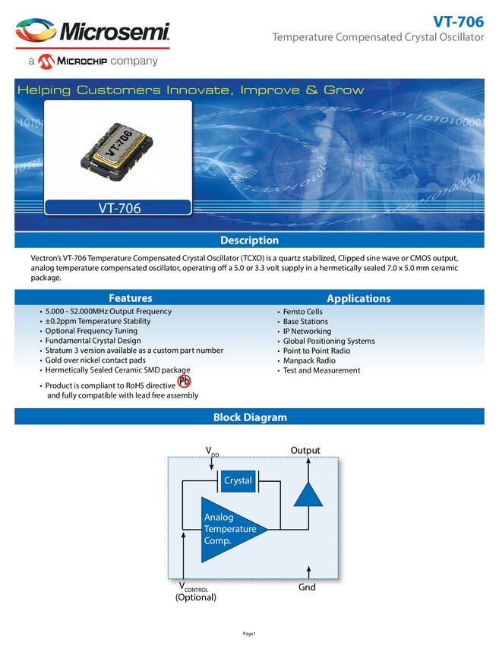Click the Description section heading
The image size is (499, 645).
(x=249, y=241)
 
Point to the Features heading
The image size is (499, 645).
(x=131, y=298)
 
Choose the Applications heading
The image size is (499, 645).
(x=358, y=298)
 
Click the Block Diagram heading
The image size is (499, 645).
(x=249, y=417)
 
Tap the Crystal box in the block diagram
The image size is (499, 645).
(x=238, y=481)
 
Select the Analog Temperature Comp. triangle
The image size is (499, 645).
(x=228, y=529)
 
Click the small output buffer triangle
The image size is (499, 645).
(x=308, y=494)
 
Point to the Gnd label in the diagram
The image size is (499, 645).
(x=308, y=587)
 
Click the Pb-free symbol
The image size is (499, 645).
(x=184, y=382)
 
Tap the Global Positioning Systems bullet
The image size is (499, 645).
(x=329, y=341)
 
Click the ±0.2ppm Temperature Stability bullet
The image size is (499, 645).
(x=98, y=321)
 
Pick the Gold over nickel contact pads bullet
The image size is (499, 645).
(x=95, y=360)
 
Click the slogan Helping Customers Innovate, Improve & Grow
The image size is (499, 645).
(x=191, y=90)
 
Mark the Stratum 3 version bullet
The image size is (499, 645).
(x=134, y=351)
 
